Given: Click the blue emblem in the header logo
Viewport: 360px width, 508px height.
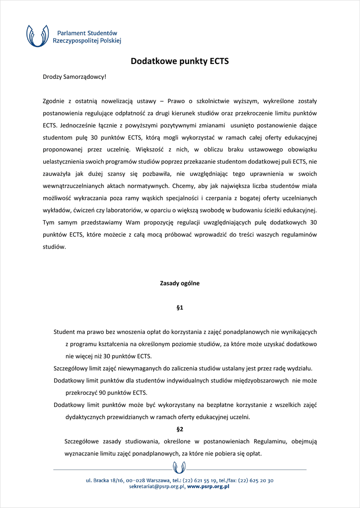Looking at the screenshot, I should [x=38, y=36].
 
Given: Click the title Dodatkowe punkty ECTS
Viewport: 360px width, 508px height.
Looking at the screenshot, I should [x=180, y=62].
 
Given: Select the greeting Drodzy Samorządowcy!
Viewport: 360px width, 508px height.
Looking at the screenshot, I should [x=74, y=77].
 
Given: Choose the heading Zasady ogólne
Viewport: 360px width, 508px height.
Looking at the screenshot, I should [x=180, y=283].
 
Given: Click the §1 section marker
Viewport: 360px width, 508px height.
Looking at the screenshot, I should [x=180, y=308].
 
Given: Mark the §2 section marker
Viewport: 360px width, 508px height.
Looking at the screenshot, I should [x=180, y=429].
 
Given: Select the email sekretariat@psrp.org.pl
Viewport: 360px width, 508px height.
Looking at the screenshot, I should [x=157, y=487].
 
